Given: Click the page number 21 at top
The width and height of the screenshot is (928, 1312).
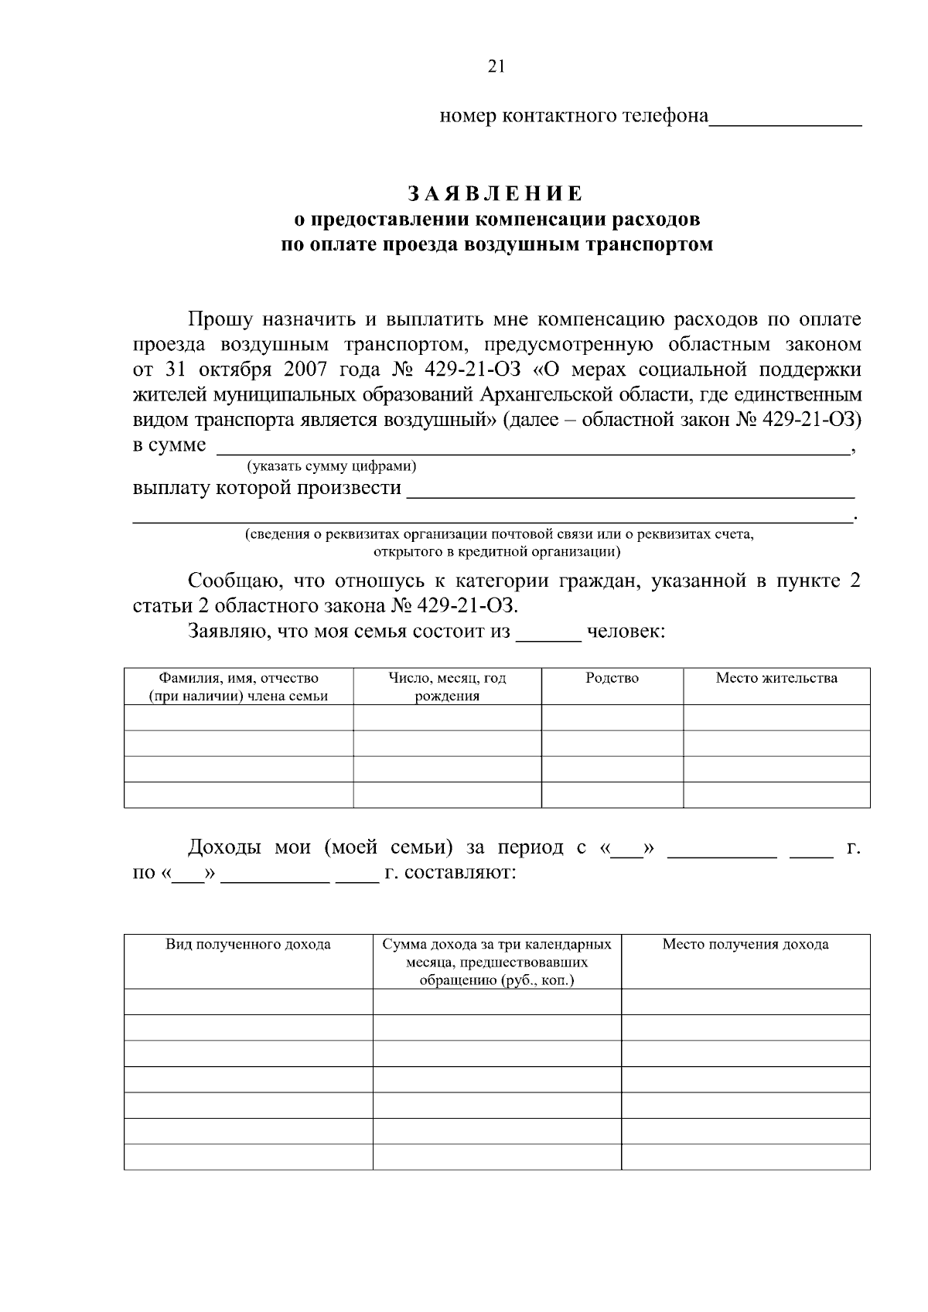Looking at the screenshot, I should pos(496,67).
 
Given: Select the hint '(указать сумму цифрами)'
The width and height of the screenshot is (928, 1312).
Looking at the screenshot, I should pos(332,466).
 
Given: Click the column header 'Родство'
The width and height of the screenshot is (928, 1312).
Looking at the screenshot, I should pos(612,679).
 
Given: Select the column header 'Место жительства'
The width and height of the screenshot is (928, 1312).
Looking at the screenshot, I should pos(776,679).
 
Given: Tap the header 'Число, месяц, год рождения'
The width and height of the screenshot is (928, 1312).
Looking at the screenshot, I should pos(447,687).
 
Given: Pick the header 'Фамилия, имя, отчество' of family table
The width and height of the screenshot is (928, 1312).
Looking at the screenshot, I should pos(238,687).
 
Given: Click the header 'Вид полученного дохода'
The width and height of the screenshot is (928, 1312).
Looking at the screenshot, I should pos(248,945).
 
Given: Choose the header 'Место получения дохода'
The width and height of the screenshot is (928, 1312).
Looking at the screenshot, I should pos(745,945).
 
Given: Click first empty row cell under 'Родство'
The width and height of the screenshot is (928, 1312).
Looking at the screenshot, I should pos(612,717).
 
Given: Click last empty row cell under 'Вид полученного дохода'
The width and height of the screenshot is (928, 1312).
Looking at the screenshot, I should pos(248,1157).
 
